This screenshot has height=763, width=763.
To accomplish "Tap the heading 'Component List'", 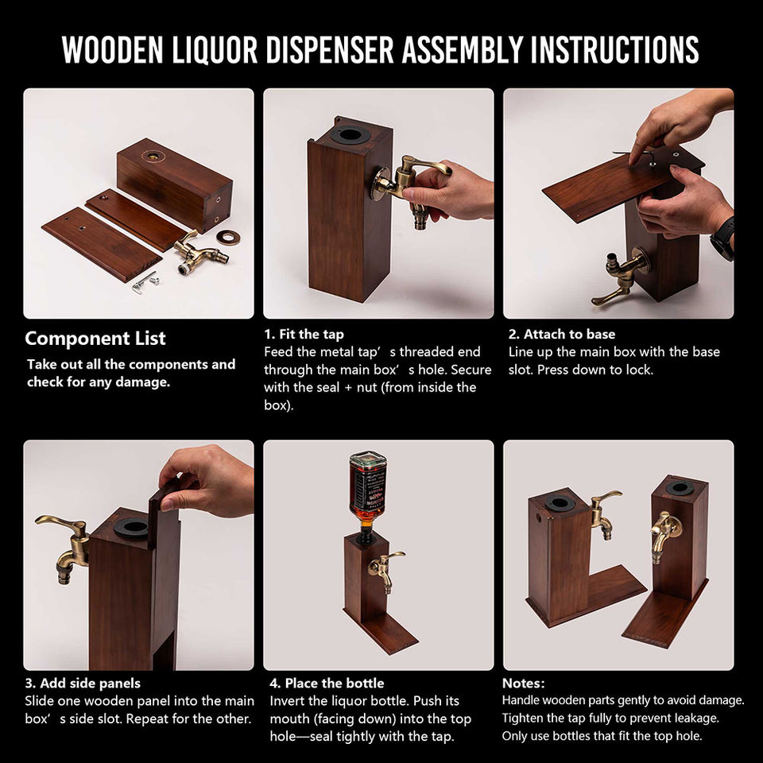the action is pos(95,339).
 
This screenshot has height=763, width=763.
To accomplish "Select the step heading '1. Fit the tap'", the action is pos(304,335).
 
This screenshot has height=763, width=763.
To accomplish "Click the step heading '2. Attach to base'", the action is pos(562,335).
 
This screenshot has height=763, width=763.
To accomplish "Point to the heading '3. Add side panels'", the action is pos(83,684).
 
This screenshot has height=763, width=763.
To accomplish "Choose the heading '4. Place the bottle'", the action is pos(327,684).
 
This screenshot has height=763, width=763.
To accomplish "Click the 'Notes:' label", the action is pos(524,684).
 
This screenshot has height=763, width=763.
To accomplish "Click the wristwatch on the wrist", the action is pos(723,238).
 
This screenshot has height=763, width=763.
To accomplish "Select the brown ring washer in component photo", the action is pos(228,237).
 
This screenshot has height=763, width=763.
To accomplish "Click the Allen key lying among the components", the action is pos(143,283).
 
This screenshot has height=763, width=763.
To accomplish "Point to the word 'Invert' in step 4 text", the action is pos(288,701).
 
